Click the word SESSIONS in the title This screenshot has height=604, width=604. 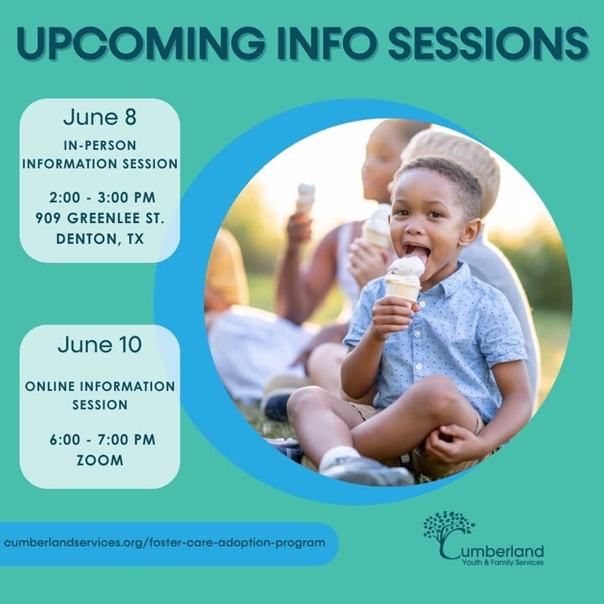[x=488, y=43]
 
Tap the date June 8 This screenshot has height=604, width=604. [x=100, y=117]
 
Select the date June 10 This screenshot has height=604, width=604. [x=100, y=344]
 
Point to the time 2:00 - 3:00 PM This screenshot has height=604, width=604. [x=102, y=198]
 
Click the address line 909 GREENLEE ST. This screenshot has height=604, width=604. [x=100, y=218]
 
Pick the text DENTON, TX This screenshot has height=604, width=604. [x=100, y=239]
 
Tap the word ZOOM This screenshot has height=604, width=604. [x=100, y=461]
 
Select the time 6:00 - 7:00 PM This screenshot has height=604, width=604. [x=102, y=440]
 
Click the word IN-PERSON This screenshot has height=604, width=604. [x=100, y=146]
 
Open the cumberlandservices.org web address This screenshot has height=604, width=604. [x=164, y=543]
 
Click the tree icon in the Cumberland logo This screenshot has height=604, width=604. [x=448, y=527]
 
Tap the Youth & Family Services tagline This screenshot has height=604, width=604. [x=502, y=562]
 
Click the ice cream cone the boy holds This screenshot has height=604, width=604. [x=404, y=280]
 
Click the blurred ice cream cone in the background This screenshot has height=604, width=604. [x=305, y=197]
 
